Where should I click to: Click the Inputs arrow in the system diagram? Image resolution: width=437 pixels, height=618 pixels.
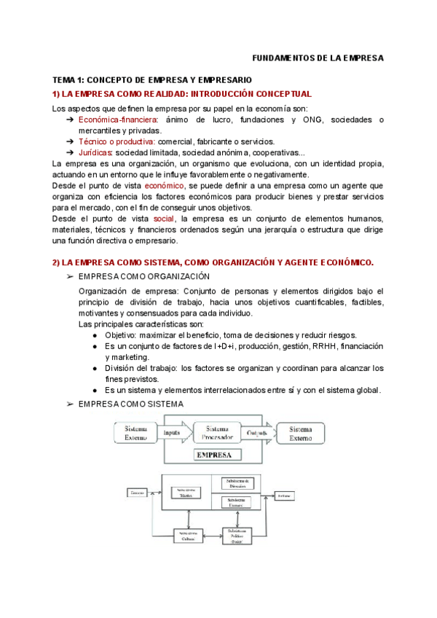(173, 433)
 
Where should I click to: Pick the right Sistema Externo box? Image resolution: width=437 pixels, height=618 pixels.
(304, 433)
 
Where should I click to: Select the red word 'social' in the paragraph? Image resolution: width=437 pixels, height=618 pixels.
(164, 219)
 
